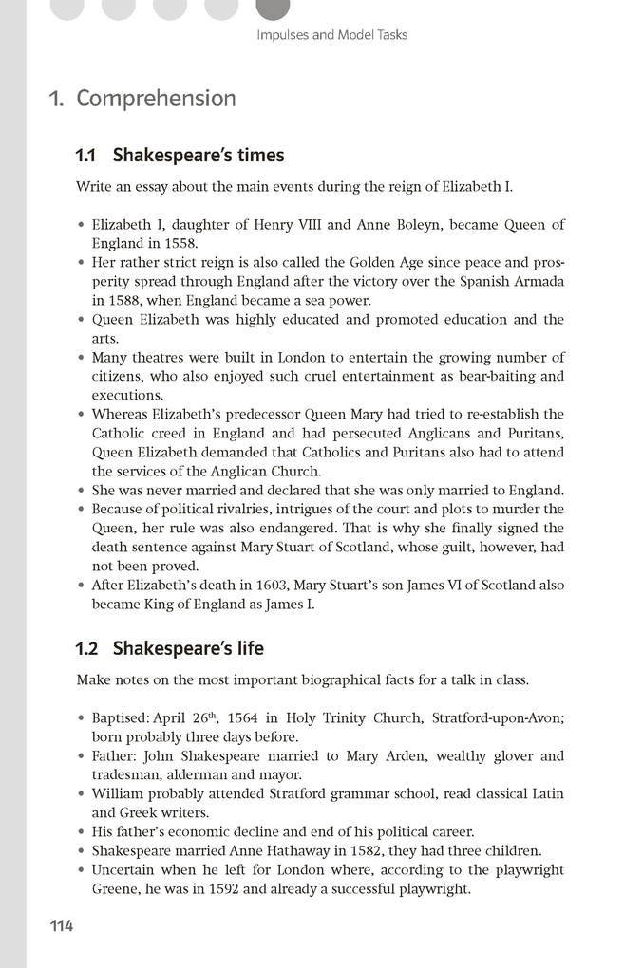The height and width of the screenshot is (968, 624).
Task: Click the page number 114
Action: tap(62, 926)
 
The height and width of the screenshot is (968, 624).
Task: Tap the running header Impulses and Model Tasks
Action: tap(331, 35)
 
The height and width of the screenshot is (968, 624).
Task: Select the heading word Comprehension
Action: tap(156, 99)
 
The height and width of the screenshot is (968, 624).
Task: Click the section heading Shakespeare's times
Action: tap(199, 155)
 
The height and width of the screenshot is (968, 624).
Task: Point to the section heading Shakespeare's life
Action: tap(188, 649)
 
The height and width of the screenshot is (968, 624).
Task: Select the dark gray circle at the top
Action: tap(274, 8)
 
